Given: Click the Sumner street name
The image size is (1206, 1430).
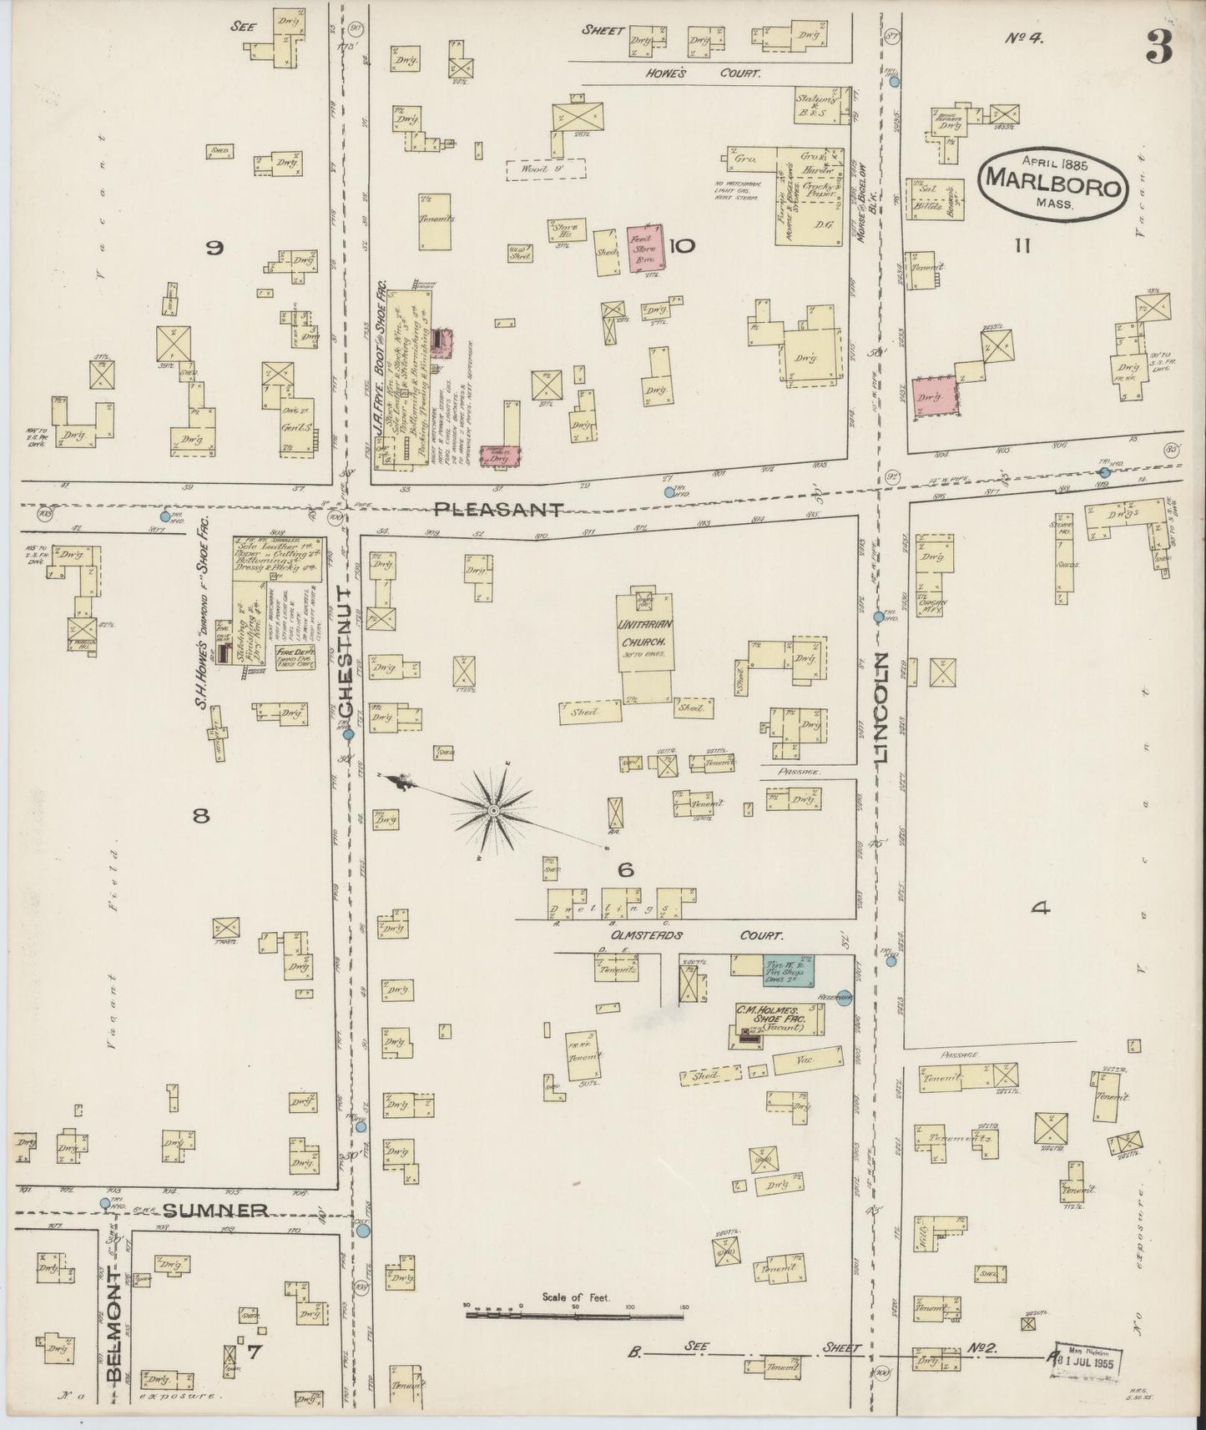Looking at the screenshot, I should click(x=215, y=1210).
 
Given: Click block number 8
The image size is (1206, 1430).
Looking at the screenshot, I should click(x=200, y=817).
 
